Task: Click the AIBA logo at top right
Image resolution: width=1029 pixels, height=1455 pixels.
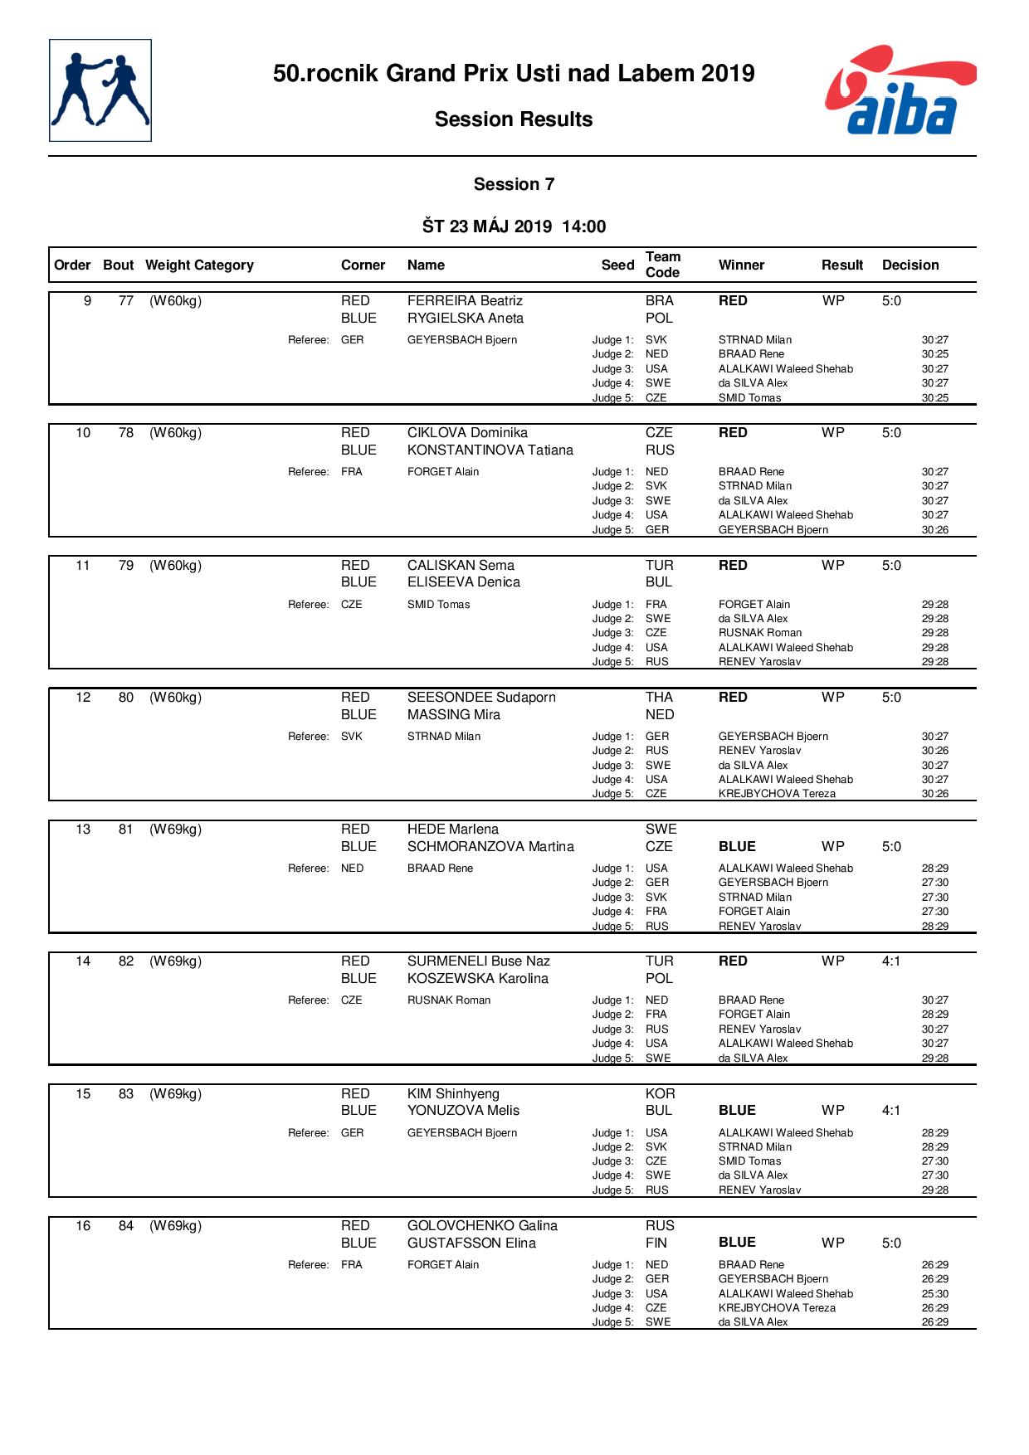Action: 900,90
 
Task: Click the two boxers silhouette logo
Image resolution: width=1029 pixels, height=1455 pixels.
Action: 100,90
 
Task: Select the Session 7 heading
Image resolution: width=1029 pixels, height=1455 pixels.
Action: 514,184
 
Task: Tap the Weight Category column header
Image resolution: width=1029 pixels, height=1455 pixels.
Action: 199,265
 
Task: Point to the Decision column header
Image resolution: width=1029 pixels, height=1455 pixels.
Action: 910,265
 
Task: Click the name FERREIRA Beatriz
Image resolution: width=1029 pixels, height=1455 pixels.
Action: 465,301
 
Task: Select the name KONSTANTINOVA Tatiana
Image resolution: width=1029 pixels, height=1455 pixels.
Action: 490,450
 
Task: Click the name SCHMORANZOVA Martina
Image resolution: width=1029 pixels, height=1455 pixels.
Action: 490,847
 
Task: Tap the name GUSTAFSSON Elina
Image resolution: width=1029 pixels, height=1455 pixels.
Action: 471,1243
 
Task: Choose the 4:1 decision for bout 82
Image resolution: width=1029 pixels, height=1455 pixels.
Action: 891,961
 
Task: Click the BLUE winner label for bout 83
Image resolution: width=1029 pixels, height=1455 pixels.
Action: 737,1111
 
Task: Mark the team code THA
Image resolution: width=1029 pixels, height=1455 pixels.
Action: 659,698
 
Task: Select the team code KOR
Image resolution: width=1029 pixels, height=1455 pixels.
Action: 660,1094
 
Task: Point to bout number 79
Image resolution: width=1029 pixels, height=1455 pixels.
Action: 126,566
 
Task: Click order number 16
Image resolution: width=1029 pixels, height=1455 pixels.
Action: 83,1226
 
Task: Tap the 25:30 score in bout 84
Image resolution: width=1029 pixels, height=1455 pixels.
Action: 934,1294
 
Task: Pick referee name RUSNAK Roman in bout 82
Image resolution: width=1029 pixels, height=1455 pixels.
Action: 449,1000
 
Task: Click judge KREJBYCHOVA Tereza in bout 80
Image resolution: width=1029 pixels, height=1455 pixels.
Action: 777,794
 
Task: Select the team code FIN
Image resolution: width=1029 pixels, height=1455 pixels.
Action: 658,1243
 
